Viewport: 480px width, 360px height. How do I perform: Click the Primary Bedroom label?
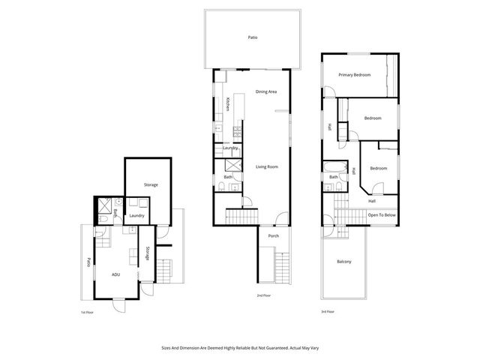tap(354, 74)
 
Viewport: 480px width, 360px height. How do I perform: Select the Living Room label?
tap(267, 166)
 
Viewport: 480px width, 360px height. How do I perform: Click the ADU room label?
tap(115, 274)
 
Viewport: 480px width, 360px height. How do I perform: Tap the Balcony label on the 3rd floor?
tap(343, 261)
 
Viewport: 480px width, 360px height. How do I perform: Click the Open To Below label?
tap(381, 214)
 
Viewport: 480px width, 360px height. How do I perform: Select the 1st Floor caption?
tap(87, 311)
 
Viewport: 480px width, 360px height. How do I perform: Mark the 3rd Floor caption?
tap(328, 311)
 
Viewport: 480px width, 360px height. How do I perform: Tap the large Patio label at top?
tap(253, 37)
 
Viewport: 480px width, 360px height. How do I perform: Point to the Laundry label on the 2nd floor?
tap(230, 148)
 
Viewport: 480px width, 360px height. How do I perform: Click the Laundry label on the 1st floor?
tap(136, 216)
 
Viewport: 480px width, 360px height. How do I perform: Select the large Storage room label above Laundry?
tap(150, 184)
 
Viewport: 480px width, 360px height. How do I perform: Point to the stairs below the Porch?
tap(282, 266)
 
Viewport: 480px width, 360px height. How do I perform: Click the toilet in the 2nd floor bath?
tap(224, 186)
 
